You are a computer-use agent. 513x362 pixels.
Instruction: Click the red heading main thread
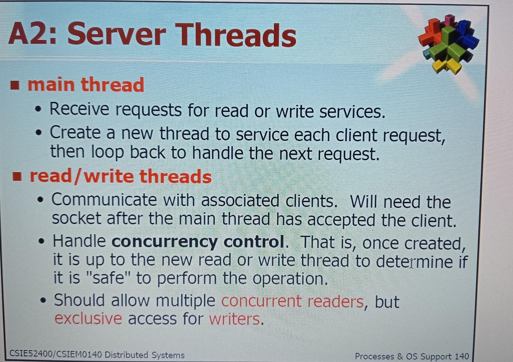coord(86,84)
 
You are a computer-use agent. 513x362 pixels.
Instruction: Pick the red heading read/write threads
coord(121,176)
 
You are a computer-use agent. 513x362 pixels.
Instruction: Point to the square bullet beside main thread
coord(14,85)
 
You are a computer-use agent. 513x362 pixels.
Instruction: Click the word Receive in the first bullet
coord(80,109)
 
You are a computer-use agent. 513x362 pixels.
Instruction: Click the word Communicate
coord(104,200)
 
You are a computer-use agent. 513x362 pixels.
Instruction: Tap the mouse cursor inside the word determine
coord(411,262)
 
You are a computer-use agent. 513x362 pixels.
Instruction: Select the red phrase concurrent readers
coord(292,301)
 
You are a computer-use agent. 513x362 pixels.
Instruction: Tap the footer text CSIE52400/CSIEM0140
coord(55,354)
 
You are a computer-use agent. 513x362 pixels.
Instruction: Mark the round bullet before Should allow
coord(43,300)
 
